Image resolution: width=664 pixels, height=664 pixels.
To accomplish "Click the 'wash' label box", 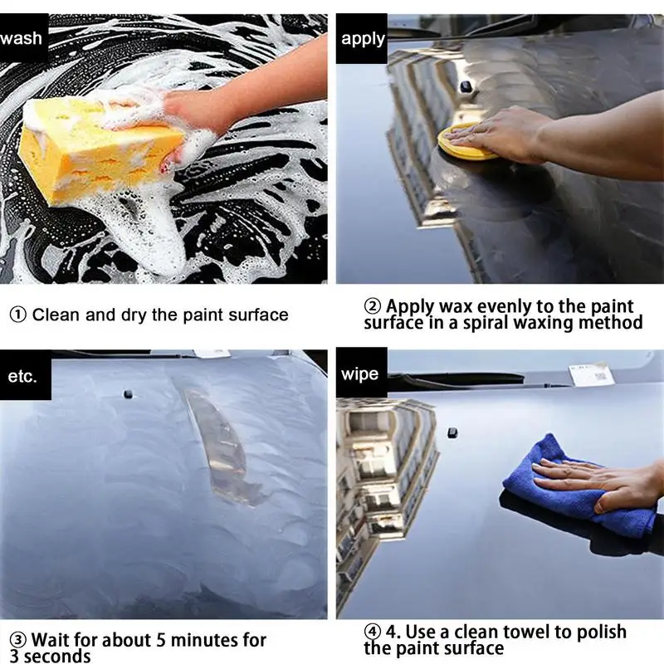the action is click(x=24, y=38).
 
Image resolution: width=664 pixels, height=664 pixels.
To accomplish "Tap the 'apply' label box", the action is click(x=362, y=38).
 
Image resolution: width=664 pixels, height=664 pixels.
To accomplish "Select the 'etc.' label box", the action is click(x=26, y=375).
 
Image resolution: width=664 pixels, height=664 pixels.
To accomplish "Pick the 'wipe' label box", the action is click(x=362, y=373).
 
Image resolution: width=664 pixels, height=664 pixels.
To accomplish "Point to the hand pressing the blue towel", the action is click(x=601, y=483).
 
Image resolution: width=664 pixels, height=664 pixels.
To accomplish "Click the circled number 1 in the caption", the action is click(x=17, y=315).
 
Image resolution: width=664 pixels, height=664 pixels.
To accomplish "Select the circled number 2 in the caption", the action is click(x=372, y=306).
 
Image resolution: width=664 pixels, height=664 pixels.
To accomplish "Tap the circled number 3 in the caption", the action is click(x=17, y=640).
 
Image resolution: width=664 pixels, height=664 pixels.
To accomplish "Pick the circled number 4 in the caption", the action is click(x=372, y=632).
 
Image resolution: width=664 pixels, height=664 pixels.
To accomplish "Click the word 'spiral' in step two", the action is click(x=486, y=324).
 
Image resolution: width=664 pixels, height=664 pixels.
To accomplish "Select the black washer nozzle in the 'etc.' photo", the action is click(x=128, y=394).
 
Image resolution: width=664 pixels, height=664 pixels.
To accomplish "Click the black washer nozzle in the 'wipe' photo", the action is click(x=452, y=433).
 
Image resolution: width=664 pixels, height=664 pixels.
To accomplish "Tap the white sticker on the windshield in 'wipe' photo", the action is click(x=591, y=374).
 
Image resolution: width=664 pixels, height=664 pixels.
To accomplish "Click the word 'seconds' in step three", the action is click(x=57, y=657).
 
